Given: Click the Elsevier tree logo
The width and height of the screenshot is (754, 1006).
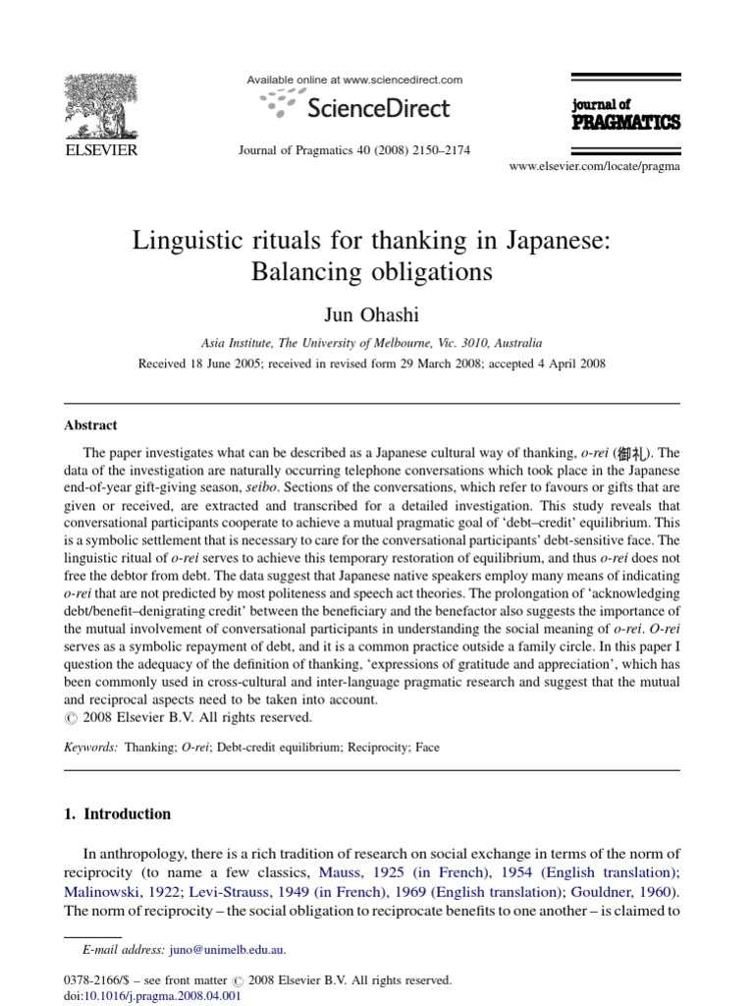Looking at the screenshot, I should (101, 105).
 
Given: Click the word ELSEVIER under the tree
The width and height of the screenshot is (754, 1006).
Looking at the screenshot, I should (101, 149).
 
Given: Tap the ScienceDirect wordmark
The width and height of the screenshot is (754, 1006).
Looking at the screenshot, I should (378, 108).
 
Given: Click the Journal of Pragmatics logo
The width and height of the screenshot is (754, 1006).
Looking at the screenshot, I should (624, 115).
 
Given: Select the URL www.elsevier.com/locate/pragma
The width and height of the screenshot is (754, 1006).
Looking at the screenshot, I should (594, 167).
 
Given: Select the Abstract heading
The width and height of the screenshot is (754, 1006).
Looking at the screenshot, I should (90, 425).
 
